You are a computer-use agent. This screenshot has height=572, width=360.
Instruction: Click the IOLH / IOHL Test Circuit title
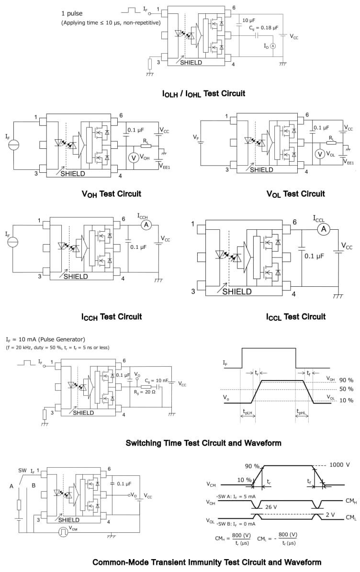(203, 93)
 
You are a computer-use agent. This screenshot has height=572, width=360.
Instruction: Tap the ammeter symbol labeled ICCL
(323, 230)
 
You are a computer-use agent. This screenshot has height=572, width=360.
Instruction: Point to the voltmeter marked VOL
(319, 154)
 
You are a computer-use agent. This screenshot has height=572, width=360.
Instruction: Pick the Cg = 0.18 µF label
(264, 28)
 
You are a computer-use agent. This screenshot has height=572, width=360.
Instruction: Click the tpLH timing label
(248, 412)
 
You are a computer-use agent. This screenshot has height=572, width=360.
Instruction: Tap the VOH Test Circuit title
(111, 194)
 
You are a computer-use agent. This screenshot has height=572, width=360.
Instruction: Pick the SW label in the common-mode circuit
(23, 471)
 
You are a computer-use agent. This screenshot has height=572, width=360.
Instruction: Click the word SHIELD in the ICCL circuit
(237, 292)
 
